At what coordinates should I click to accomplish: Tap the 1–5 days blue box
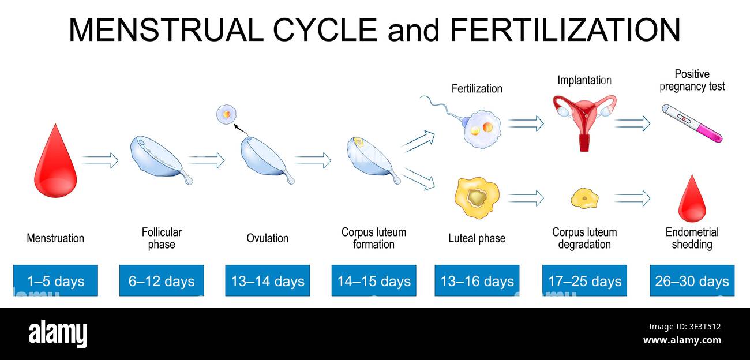pyautogui.click(x=55, y=280)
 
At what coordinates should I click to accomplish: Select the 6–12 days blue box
pyautogui.click(x=162, y=280)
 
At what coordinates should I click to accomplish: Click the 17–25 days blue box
pyautogui.click(x=584, y=280)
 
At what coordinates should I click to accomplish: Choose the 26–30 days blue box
pyautogui.click(x=692, y=280)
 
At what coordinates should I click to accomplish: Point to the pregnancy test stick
pyautogui.click(x=692, y=123)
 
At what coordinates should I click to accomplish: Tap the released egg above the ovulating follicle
pyautogui.click(x=227, y=114)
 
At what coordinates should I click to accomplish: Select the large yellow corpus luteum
pyautogui.click(x=477, y=198)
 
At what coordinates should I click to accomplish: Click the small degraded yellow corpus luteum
pyautogui.click(x=584, y=198)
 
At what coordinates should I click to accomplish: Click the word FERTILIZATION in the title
pyautogui.click(x=565, y=29)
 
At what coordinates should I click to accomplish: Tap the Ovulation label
pyautogui.click(x=268, y=238)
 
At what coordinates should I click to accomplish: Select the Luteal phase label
pyautogui.click(x=477, y=238)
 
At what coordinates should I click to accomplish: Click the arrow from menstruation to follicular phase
pyautogui.click(x=100, y=160)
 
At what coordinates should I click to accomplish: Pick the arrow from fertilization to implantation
pyautogui.click(x=526, y=123)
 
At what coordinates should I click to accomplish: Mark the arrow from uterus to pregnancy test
pyautogui.click(x=632, y=123)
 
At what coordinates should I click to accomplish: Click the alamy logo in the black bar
pyautogui.click(x=58, y=334)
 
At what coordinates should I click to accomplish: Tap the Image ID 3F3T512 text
pyautogui.click(x=685, y=327)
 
